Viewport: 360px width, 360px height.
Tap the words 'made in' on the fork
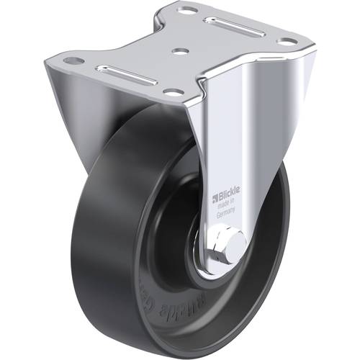227,204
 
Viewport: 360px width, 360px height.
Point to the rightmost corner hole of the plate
286,42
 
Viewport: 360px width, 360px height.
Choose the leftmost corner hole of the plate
69,60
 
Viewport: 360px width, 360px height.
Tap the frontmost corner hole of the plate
174,92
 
